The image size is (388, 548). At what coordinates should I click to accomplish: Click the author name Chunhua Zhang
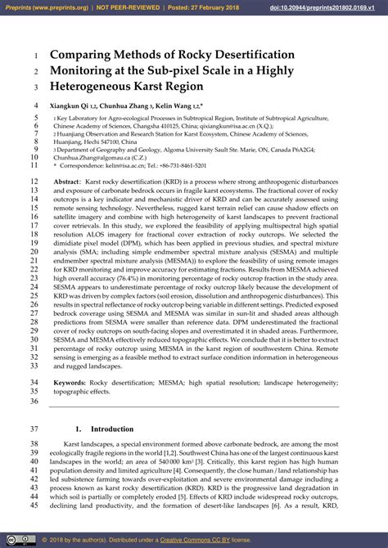pyautogui.click(x=131, y=106)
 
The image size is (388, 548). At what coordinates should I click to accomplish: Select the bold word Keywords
pyautogui.click(x=70, y=382)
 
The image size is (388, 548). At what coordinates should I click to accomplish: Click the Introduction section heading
pyautogui.click(x=111, y=429)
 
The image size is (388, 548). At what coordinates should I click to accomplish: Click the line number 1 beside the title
pyautogui.click(x=37, y=56)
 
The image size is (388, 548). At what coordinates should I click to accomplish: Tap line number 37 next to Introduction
pyautogui.click(x=34, y=429)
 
